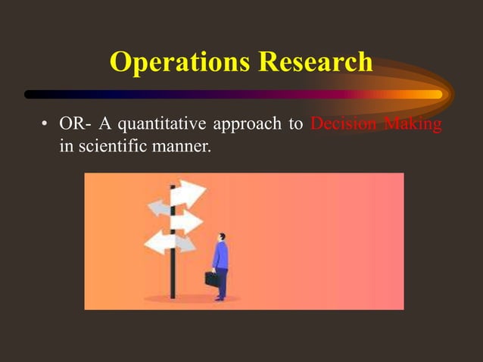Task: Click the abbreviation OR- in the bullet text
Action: pos(75,124)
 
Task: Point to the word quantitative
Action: pos(154,124)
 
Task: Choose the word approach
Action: pos(249,124)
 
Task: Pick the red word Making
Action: pos(413,124)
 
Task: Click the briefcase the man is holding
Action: pos(211,279)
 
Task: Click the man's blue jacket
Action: pos(220,257)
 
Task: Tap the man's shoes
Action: pos(220,298)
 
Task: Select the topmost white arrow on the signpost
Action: pos(188,195)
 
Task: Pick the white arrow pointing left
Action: pos(160,242)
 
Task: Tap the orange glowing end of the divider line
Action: pos(432,95)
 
